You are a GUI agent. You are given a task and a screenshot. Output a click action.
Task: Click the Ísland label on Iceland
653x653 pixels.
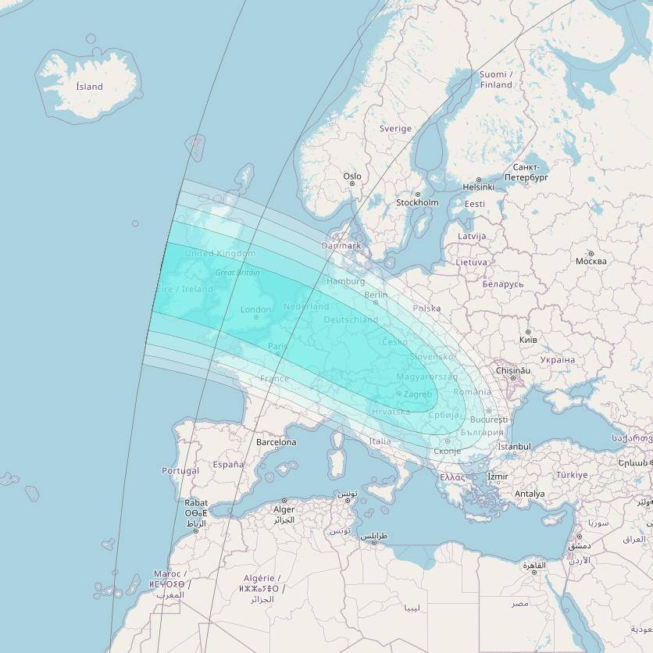[x=89, y=87]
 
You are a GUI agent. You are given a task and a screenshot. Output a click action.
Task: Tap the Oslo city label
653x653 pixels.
[x=352, y=177]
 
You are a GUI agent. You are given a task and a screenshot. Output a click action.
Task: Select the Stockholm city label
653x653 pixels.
[x=417, y=203]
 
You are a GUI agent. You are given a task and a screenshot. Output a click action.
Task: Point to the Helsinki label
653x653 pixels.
[x=478, y=187]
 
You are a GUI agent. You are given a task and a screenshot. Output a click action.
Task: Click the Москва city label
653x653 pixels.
[x=591, y=261]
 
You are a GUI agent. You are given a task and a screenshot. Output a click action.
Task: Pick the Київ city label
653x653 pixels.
[x=529, y=341]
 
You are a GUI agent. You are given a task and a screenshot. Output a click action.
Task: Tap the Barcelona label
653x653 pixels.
[x=276, y=442]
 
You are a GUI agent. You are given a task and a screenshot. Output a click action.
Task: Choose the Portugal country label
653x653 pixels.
[x=180, y=471]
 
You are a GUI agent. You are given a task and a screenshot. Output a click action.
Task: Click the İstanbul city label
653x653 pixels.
[x=514, y=447]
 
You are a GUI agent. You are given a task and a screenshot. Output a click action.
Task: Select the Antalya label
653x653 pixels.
[x=530, y=494]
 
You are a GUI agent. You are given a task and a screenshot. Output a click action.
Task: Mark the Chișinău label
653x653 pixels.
[x=513, y=370]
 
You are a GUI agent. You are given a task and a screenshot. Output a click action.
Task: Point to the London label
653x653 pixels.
[x=255, y=310]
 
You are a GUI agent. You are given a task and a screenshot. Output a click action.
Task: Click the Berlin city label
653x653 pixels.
[x=376, y=295]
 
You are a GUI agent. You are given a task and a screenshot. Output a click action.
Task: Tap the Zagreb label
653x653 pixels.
[x=418, y=394]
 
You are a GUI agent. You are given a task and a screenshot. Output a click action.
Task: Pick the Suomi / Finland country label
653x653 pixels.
[x=496, y=80]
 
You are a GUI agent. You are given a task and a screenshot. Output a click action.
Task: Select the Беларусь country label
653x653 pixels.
[x=503, y=284]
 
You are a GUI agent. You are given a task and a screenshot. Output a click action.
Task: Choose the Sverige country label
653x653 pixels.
[x=395, y=129]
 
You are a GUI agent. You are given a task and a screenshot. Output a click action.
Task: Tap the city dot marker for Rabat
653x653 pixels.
[x=195, y=531]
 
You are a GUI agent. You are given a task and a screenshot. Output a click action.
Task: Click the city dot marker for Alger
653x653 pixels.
[x=284, y=501]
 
